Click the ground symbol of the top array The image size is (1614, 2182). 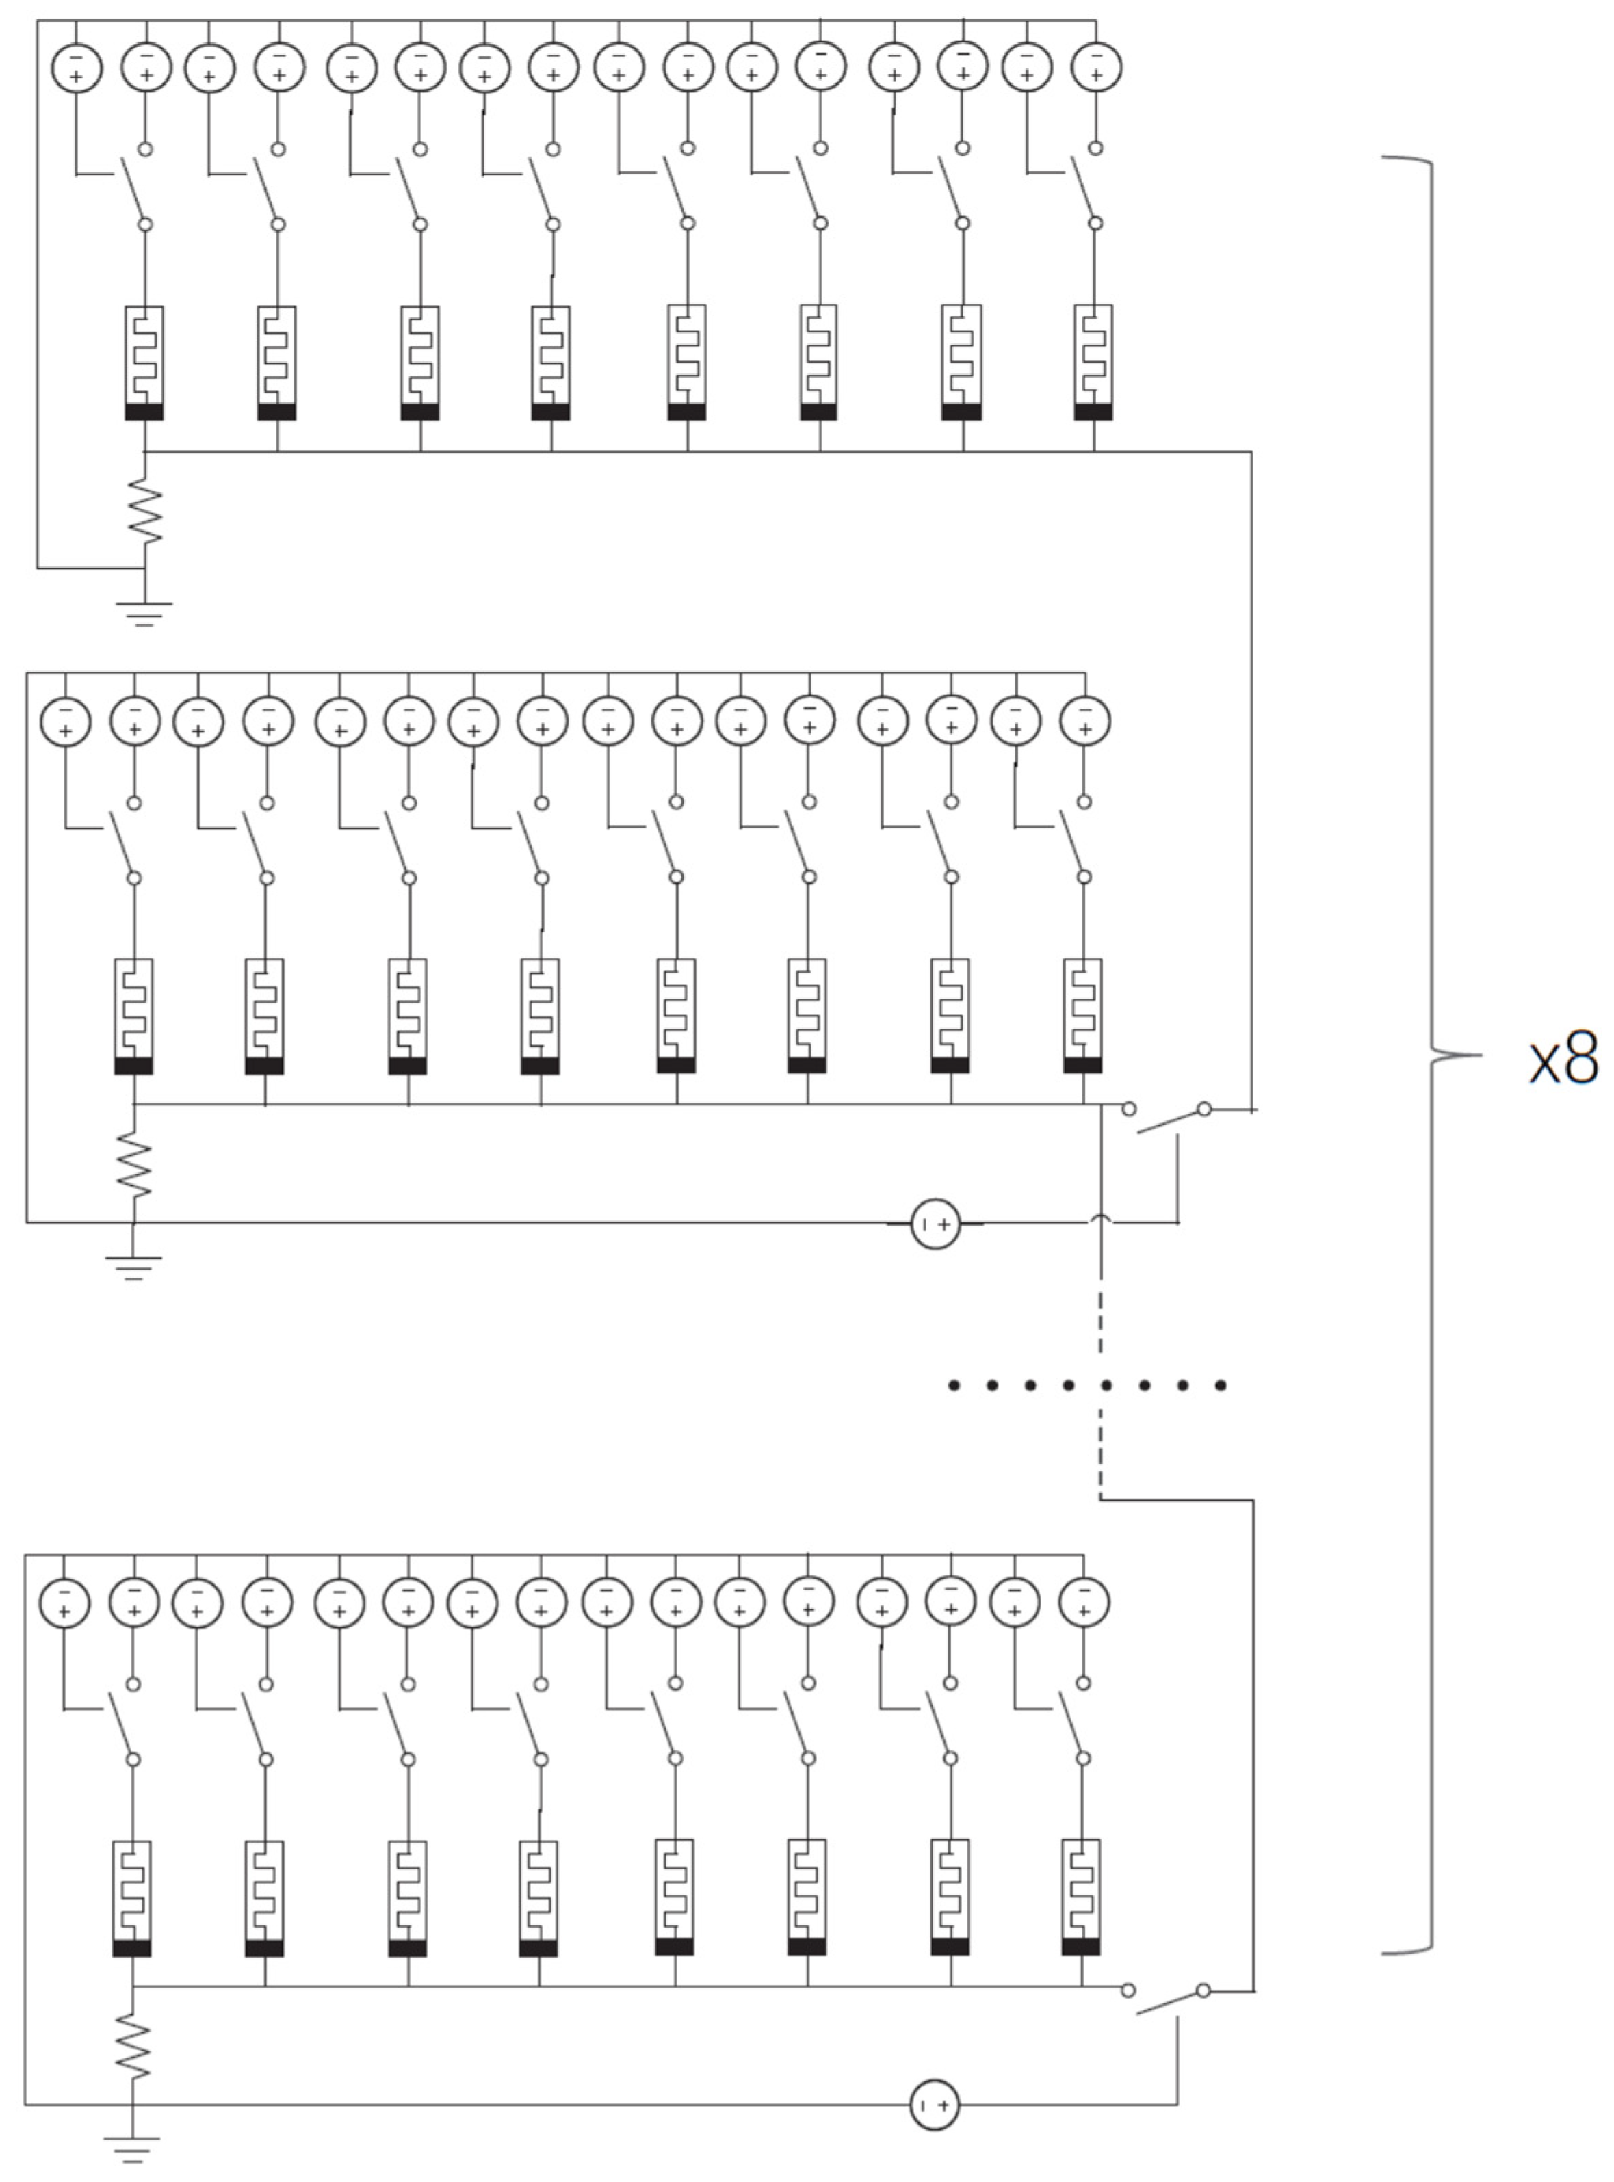tap(144, 612)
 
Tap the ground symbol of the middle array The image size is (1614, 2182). tap(133, 1267)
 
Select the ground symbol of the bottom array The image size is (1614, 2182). tap(132, 2148)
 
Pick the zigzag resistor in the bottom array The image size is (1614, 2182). tap(132, 2047)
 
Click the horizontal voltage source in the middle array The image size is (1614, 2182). tap(935, 1223)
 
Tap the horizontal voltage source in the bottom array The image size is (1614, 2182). tap(934, 2105)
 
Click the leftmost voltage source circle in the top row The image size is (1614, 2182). tap(76, 68)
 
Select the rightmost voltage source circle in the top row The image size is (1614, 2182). tap(1095, 68)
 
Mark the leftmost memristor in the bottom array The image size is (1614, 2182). tap(132, 1897)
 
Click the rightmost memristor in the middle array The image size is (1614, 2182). tap(1082, 1016)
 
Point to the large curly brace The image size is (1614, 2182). tap(1434, 1055)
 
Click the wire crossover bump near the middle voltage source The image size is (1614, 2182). tap(1101, 1218)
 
